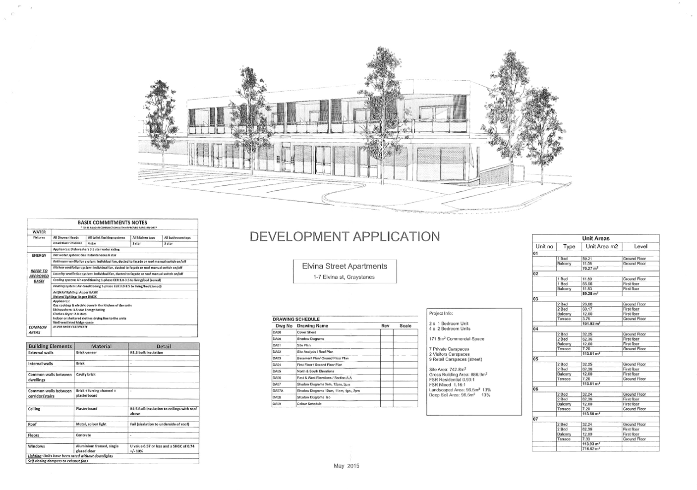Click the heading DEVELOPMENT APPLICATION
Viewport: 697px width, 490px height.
(x=345, y=237)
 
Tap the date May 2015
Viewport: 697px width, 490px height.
(x=347, y=466)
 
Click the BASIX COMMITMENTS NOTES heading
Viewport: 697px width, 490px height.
(x=112, y=222)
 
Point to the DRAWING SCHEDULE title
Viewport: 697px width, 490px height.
(x=296, y=319)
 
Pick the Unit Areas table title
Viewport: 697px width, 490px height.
(x=596, y=238)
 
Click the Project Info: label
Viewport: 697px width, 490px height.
(x=441, y=314)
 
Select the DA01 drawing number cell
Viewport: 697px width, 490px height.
(x=277, y=345)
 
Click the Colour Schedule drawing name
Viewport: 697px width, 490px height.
(x=309, y=404)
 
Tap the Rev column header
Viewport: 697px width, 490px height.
(x=386, y=326)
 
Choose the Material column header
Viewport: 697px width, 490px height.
(x=101, y=346)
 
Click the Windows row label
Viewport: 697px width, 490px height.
(x=37, y=446)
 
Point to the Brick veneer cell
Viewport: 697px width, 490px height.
(x=87, y=353)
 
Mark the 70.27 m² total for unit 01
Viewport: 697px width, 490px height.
(x=590, y=269)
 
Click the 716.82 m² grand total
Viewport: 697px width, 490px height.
(x=591, y=449)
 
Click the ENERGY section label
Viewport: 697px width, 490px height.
(x=39, y=256)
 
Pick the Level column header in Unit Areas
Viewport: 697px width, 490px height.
(x=641, y=246)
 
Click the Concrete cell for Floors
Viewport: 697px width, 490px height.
(x=84, y=436)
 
